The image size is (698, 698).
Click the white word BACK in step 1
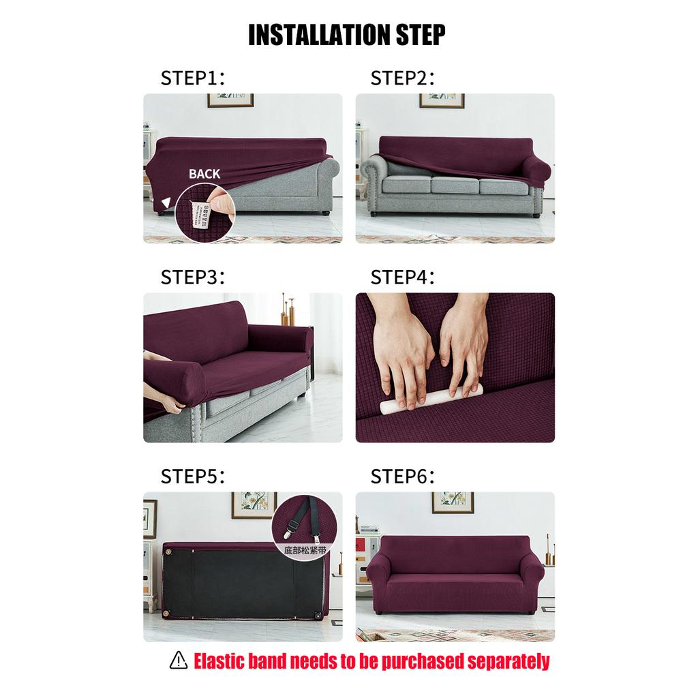(204, 174)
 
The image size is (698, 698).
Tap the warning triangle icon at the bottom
(179, 660)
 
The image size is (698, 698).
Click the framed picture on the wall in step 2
(441, 100)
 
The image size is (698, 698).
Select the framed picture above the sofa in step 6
(452, 502)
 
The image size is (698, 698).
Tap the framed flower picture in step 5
(254, 504)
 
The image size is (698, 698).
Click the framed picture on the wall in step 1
(230, 100)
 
